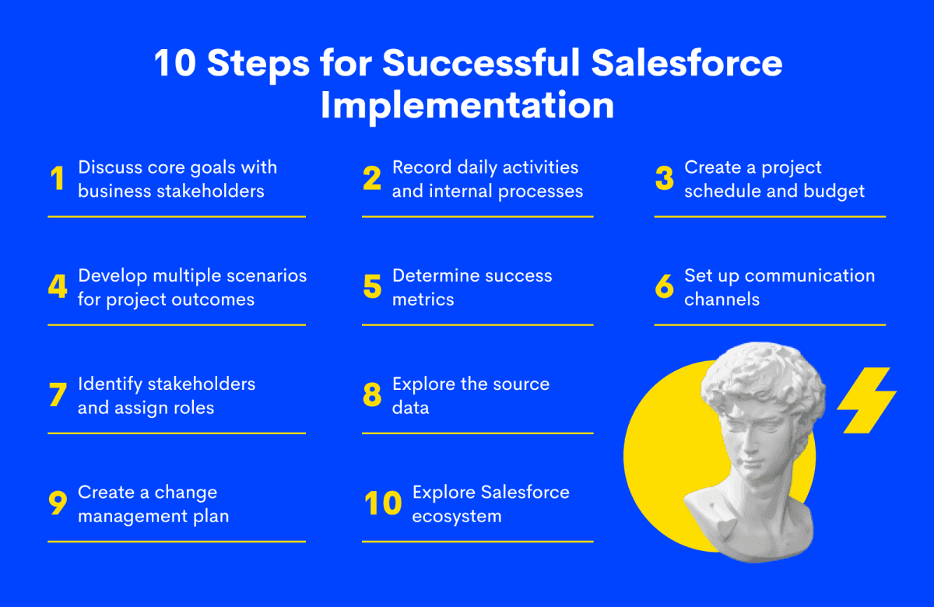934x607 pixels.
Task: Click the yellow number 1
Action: pyautogui.click(x=58, y=178)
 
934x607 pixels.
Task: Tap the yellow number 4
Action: pyautogui.click(x=58, y=286)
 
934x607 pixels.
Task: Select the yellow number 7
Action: pyautogui.click(x=58, y=395)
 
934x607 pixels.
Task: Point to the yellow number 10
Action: pyautogui.click(x=383, y=503)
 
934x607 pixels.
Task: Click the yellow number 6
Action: pyautogui.click(x=664, y=286)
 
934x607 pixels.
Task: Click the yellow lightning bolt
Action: pyautogui.click(x=867, y=400)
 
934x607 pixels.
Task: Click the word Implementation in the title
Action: pyautogui.click(x=467, y=107)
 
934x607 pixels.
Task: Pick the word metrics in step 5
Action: pyautogui.click(x=423, y=300)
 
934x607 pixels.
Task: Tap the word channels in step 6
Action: pyautogui.click(x=722, y=300)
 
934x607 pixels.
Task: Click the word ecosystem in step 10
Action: pyautogui.click(x=457, y=517)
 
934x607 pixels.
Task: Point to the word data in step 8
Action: pyautogui.click(x=410, y=407)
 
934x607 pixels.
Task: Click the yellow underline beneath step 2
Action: pyautogui.click(x=477, y=217)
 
